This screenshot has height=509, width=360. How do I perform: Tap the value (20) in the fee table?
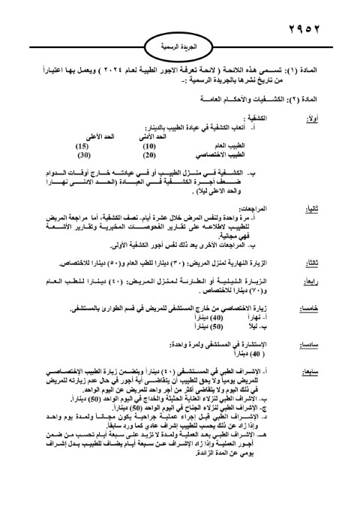[149, 155]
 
